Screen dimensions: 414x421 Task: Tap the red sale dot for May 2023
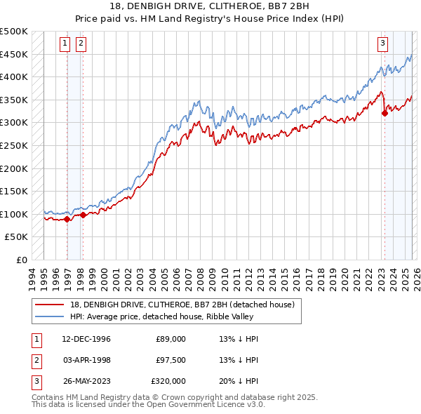point(385,113)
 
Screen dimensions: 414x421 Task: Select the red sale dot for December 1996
point(67,219)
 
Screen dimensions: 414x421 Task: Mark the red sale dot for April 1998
point(83,215)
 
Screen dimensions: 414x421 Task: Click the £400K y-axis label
point(14,76)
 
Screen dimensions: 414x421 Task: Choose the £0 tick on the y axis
point(20,260)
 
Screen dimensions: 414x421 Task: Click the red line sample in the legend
point(49,305)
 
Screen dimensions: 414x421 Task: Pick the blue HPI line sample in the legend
point(49,316)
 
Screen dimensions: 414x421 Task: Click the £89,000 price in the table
point(171,339)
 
